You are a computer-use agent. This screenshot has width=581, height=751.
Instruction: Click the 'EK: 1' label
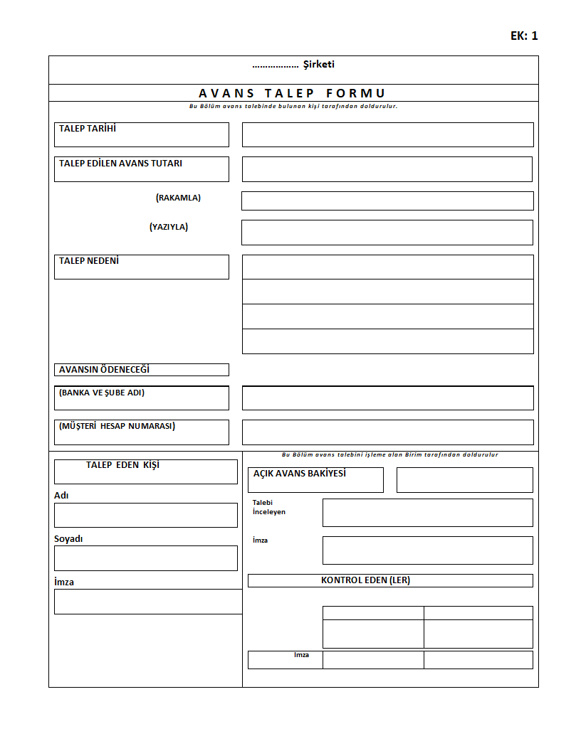pos(524,36)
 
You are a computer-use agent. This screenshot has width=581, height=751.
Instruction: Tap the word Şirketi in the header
pos(319,65)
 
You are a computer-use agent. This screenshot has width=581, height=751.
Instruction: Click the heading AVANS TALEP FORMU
pos(293,93)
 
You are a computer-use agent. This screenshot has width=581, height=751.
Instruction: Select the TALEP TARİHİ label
pos(88,129)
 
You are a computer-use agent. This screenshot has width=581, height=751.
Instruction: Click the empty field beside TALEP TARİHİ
pos(387,134)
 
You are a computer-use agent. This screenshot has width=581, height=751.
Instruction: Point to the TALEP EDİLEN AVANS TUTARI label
pos(120,163)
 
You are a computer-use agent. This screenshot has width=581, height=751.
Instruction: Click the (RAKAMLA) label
pos(178,198)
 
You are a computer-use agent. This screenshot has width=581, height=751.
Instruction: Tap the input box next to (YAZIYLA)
pos(387,233)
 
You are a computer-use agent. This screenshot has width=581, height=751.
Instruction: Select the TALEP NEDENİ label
pos(89,261)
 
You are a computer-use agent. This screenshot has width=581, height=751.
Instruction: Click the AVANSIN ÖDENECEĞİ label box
pos(141,370)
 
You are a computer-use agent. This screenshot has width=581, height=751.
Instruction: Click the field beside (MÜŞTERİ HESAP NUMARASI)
pos(387,432)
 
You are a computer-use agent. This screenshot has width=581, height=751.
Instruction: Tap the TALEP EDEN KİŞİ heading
pos(122,465)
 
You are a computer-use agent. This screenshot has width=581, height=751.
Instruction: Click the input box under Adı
pos(145,515)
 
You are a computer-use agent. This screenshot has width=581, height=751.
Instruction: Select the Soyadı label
pos(68,539)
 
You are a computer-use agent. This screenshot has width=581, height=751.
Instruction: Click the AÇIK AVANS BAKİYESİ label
pos(300,474)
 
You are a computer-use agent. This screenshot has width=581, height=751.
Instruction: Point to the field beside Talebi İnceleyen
pos(427,512)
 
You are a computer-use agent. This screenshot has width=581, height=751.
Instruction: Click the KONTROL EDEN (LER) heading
pos(365,580)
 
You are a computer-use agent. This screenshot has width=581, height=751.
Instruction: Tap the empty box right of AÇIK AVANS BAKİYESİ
pos(464,479)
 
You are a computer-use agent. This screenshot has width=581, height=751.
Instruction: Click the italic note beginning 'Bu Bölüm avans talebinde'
pos(293,106)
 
